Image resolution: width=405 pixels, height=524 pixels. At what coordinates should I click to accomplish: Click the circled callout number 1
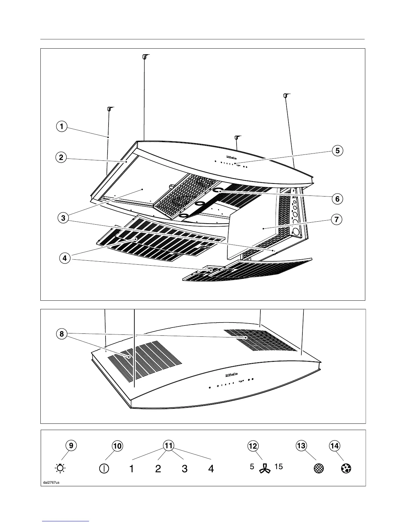click(x=62, y=126)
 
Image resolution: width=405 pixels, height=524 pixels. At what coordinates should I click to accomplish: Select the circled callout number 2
click(x=61, y=157)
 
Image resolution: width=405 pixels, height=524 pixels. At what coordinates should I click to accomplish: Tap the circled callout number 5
click(x=337, y=151)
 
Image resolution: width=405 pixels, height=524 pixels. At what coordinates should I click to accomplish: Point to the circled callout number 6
click(x=337, y=199)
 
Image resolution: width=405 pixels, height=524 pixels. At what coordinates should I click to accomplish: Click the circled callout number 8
click(x=62, y=334)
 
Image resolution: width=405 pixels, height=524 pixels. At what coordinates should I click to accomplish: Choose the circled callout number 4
click(x=65, y=258)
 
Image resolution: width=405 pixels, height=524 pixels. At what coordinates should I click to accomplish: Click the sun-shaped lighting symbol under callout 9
click(x=61, y=468)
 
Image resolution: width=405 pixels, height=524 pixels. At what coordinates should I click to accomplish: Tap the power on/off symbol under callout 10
click(x=104, y=469)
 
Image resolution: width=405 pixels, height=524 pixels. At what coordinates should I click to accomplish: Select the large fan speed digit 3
click(x=185, y=469)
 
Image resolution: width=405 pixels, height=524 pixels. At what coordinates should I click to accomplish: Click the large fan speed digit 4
click(x=211, y=469)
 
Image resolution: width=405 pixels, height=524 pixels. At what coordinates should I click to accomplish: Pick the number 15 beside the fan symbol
click(x=279, y=467)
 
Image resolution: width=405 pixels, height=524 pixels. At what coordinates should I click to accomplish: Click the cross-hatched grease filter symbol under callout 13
click(x=318, y=468)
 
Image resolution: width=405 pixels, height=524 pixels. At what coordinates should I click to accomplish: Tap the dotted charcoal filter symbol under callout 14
click(x=346, y=468)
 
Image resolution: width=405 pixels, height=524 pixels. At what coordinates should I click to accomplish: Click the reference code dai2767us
click(x=51, y=482)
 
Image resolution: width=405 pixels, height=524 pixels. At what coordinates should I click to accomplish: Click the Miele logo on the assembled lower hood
click(x=232, y=375)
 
